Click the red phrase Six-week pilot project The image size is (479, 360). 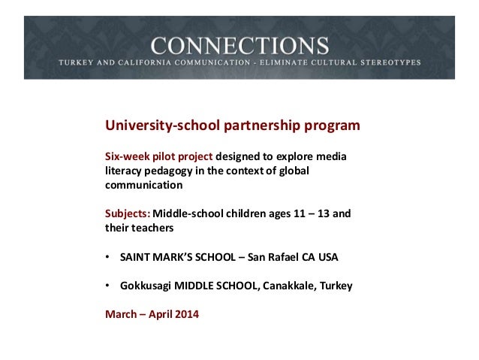tap(158, 157)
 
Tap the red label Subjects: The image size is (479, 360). tap(127, 214)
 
